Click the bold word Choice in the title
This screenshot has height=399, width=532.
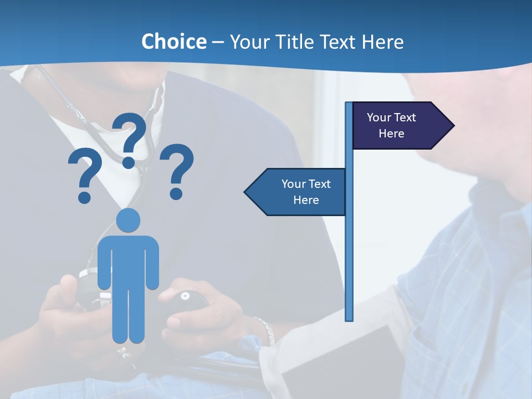(173, 42)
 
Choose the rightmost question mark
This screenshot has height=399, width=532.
(177, 169)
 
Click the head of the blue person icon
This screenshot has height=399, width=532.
(128, 220)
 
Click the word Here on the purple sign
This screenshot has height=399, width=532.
(391, 134)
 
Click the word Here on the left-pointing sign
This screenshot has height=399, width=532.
(306, 200)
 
